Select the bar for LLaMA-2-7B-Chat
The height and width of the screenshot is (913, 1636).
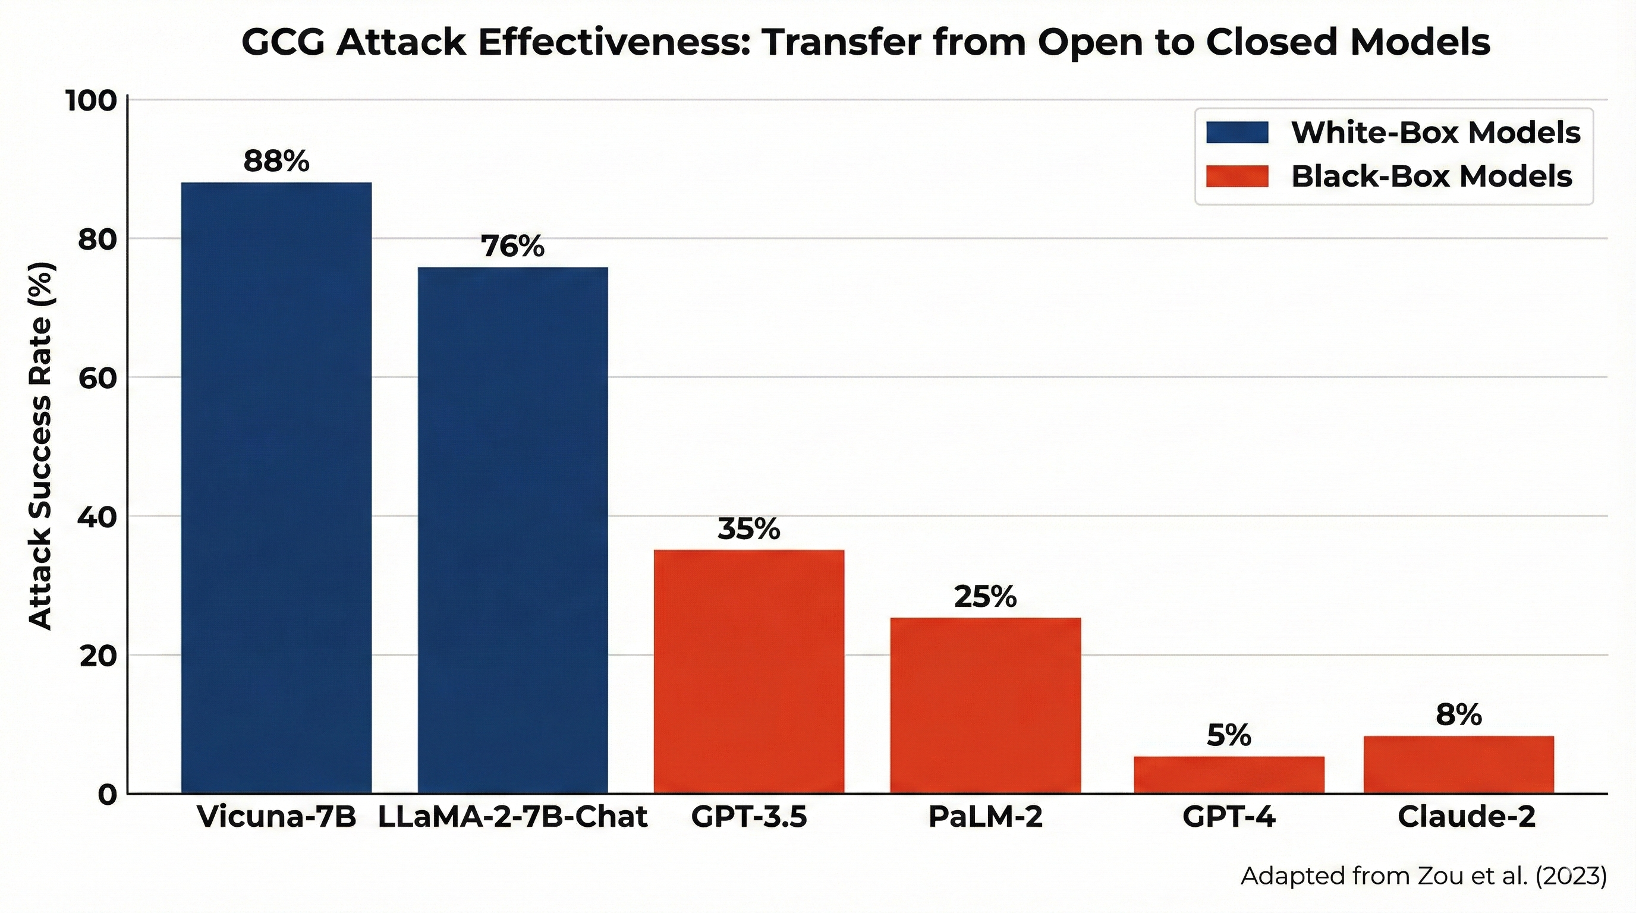coord(512,530)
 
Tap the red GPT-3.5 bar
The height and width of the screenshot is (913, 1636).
coord(749,671)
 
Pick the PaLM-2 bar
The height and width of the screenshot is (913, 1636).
coord(985,706)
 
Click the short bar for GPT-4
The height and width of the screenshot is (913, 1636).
coord(1229,775)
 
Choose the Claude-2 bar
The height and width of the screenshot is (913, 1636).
coord(1459,764)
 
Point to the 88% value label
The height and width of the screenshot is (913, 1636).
coord(276,161)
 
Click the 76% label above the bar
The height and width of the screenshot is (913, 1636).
coord(512,246)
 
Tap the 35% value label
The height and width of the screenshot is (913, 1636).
coord(749,529)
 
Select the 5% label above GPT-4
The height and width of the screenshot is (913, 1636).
coord(1229,735)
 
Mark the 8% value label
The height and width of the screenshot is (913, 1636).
coord(1459,715)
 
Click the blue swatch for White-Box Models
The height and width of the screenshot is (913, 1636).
coord(1237,133)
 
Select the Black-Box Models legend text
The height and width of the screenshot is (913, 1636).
coord(1431,177)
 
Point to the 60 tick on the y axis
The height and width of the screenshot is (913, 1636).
coord(97,378)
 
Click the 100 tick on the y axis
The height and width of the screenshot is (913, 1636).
coord(92,100)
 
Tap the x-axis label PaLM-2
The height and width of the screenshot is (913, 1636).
coord(985,817)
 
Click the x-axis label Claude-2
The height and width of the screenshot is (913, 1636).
coord(1467,817)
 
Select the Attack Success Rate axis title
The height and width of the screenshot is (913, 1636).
coord(40,446)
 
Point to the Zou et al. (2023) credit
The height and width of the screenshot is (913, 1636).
coord(1423,876)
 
